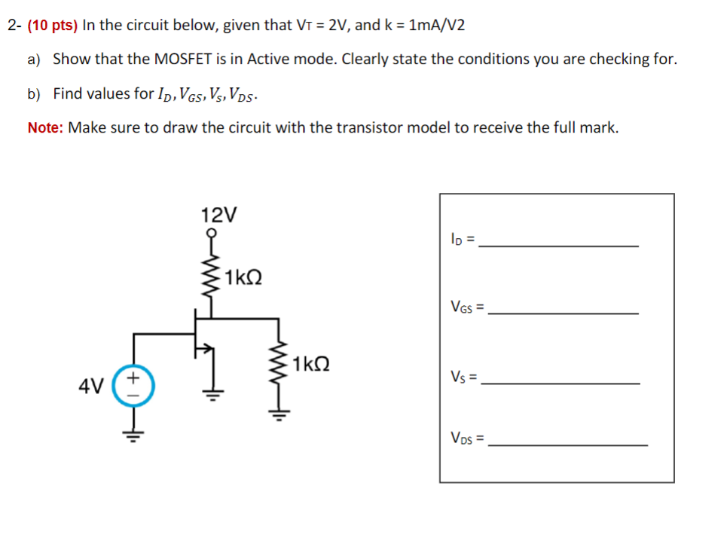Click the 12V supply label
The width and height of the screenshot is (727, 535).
(x=218, y=215)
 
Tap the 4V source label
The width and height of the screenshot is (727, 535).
(x=90, y=387)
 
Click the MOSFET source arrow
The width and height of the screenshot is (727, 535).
(x=201, y=349)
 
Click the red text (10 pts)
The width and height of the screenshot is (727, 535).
(x=52, y=26)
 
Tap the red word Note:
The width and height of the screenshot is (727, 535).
(x=45, y=127)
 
